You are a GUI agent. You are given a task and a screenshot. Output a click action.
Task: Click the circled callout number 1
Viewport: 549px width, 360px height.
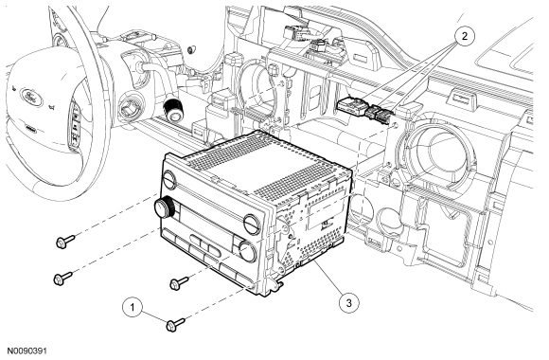click(133, 307)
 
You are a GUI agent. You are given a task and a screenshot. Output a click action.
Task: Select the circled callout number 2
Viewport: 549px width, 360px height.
click(465, 36)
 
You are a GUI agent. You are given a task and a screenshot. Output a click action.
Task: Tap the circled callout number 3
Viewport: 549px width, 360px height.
click(348, 303)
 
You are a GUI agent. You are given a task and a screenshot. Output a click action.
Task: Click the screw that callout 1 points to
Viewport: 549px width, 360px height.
click(175, 325)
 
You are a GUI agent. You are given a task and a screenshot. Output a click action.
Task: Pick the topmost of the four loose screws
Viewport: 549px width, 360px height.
click(65, 242)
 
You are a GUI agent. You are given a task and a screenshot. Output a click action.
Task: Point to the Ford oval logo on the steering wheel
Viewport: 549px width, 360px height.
click(31, 97)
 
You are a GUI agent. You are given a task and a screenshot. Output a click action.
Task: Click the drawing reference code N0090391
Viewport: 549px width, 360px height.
click(27, 351)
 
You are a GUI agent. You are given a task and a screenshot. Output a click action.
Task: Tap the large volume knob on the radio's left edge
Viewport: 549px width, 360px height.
click(164, 207)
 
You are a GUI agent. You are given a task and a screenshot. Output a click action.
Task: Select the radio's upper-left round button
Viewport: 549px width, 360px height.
click(170, 180)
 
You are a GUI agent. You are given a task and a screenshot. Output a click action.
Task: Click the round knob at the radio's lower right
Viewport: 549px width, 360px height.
click(248, 251)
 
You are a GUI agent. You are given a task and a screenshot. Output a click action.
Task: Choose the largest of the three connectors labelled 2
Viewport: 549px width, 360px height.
click(351, 106)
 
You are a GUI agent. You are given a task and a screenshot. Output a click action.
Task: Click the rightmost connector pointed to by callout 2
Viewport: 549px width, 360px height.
click(385, 115)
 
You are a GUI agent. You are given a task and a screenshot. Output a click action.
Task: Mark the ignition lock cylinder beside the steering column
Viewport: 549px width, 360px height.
click(131, 107)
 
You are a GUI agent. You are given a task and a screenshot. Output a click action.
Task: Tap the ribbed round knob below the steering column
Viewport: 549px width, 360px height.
click(172, 110)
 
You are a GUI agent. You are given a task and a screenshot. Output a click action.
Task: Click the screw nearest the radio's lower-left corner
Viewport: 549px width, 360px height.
click(63, 279)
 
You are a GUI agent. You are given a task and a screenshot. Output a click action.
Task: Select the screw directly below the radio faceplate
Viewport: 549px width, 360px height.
click(179, 283)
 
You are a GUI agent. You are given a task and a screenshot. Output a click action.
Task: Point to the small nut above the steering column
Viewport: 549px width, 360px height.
click(191, 49)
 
